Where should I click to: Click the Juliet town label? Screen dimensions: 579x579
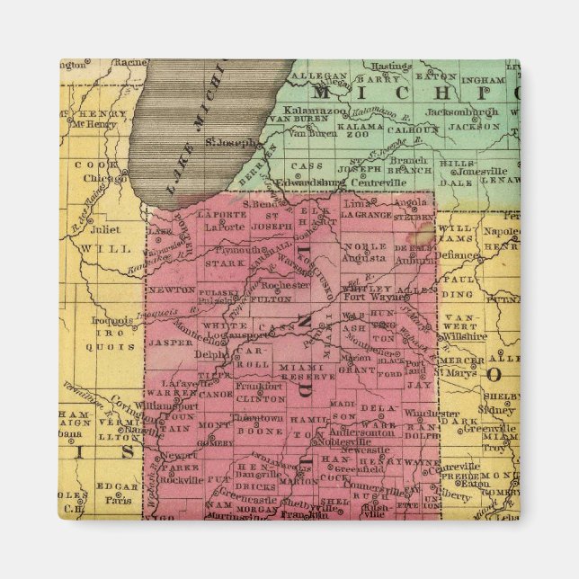104,229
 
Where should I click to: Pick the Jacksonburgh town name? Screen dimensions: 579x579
462,112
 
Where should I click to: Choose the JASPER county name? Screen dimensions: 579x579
171,342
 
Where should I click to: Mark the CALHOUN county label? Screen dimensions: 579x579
413,128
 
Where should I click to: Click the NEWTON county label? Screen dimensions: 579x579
172,289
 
